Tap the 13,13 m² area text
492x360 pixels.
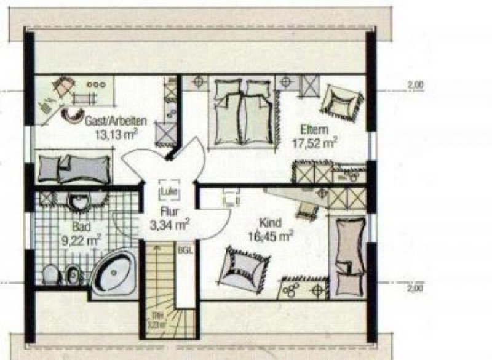116,132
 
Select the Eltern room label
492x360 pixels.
314,130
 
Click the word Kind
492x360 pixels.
271,223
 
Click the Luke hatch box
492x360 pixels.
169,191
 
